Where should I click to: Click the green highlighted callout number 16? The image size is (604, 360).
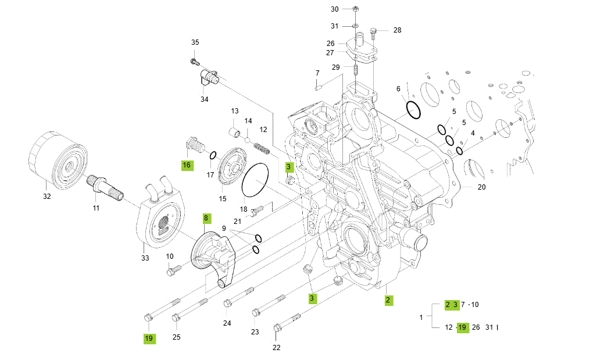tap(187, 165)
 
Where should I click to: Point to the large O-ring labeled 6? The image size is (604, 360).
tap(413, 109)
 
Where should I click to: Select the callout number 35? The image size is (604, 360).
tap(195, 42)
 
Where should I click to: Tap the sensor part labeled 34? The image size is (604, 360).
tap(208, 77)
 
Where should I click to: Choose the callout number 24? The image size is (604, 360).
tap(227, 323)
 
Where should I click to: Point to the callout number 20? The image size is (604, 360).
tap(481, 187)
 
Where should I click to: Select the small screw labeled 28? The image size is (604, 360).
tap(374, 32)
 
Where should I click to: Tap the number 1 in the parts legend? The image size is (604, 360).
tap(421, 317)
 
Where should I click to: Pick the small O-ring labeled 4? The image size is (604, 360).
tap(459, 151)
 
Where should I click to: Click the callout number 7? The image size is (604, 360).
tap(317, 73)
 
